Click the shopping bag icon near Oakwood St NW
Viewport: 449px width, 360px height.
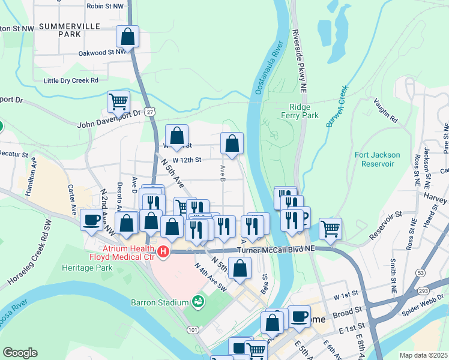point(128,38)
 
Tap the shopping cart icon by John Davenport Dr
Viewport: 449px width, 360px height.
point(119,102)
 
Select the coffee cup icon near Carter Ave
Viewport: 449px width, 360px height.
point(91,221)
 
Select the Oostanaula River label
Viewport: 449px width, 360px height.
point(268,69)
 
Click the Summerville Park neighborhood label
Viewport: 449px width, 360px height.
point(60,31)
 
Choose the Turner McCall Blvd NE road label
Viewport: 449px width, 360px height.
point(276,248)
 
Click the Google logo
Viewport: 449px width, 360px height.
point(20,353)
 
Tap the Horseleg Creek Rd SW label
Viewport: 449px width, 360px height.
point(33,263)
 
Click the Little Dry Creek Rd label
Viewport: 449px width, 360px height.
point(71,80)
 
